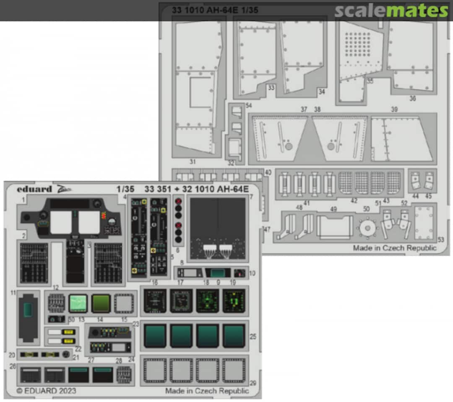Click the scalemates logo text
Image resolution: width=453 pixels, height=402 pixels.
(391, 11)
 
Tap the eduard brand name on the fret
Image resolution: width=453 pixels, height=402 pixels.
(34, 189)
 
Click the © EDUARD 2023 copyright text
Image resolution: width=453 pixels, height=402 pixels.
(47, 391)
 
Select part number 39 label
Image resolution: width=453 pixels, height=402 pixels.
(394, 109)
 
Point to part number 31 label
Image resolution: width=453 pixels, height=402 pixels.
(193, 161)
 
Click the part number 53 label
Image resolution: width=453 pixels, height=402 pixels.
(440, 240)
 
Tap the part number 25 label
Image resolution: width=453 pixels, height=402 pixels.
(253, 337)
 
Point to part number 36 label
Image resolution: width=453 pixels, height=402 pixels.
(413, 99)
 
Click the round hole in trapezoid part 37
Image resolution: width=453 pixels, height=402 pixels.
(289, 146)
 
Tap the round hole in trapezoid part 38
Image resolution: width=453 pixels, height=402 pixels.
(331, 146)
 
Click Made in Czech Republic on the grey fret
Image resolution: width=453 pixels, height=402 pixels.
(394, 248)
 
